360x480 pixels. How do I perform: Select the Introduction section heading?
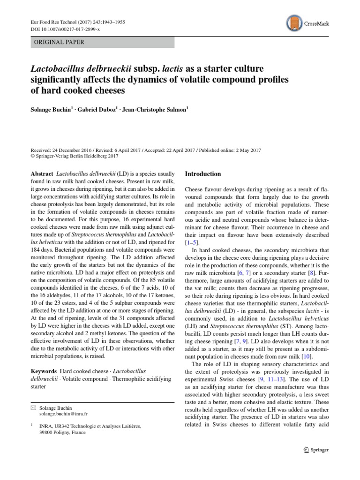(x=203, y=174)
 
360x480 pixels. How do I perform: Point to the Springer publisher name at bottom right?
(x=321, y=450)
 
